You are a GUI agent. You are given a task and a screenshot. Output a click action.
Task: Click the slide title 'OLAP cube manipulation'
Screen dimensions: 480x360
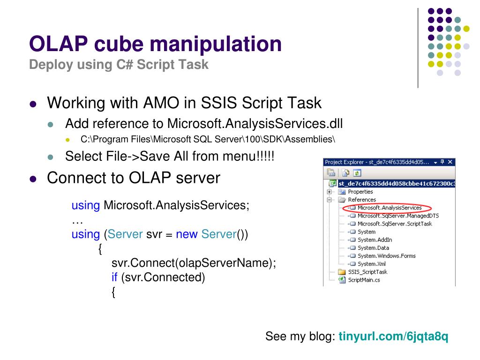click(155, 45)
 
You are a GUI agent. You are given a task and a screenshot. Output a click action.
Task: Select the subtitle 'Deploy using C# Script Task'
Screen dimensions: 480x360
click(119, 65)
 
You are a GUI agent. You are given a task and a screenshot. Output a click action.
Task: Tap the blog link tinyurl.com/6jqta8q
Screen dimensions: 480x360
click(393, 337)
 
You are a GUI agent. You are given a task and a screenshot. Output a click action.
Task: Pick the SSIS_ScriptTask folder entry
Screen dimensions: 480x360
click(367, 272)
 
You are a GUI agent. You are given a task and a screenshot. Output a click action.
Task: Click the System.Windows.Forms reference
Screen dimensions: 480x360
click(386, 256)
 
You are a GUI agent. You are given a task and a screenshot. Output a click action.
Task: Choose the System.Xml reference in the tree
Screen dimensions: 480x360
click(372, 264)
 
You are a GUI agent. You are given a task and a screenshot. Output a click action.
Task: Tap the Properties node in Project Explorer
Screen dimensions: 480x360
click(360, 192)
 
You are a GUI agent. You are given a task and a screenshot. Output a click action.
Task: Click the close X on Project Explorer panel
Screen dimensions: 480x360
click(450, 162)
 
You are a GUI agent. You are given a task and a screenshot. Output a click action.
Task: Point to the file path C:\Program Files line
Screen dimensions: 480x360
click(208, 139)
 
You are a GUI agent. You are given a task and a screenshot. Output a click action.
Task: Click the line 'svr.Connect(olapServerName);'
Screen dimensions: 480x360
click(194, 263)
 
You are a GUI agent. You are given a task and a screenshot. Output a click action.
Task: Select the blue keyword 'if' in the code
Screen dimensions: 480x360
click(114, 277)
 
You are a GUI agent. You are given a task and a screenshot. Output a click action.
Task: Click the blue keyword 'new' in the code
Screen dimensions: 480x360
click(187, 234)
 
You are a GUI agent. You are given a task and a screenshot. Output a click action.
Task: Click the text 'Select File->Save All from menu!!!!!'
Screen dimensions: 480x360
click(170, 156)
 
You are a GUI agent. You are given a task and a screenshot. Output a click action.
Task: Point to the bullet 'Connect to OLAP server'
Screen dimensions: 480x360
click(134, 178)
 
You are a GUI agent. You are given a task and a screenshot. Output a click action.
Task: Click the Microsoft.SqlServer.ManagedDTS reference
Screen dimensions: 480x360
click(398, 216)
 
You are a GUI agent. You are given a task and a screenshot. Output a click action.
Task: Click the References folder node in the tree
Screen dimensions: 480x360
click(361, 200)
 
